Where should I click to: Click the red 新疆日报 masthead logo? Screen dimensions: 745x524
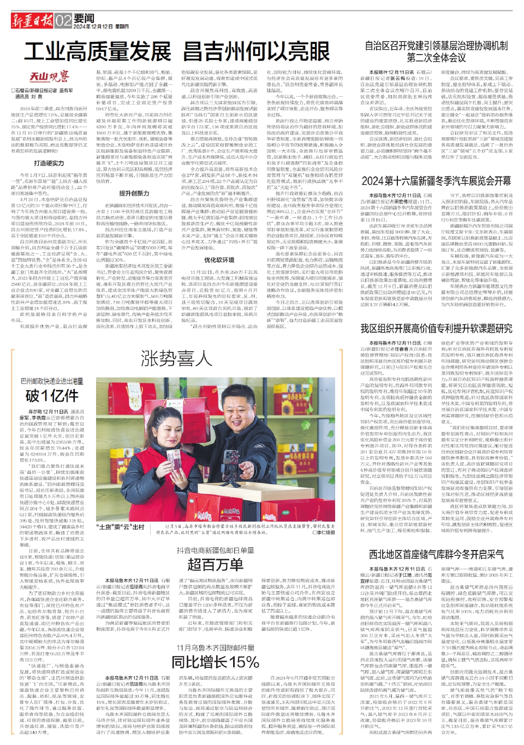(x=32, y=21)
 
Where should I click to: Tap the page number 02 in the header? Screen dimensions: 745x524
(x=63, y=21)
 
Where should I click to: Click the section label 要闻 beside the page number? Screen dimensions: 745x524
(x=84, y=18)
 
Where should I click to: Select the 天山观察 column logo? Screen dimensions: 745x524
(x=49, y=76)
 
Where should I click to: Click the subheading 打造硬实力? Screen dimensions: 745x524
(x=49, y=163)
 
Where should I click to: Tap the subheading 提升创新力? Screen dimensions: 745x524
(x=134, y=193)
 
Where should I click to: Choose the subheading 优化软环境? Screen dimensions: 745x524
(x=219, y=260)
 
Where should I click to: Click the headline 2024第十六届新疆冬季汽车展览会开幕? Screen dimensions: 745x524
(x=436, y=181)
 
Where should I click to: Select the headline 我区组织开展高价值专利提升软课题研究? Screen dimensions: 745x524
(x=436, y=328)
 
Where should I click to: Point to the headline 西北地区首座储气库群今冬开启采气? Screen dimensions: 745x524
(x=436, y=554)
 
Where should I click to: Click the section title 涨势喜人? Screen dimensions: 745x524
(x=176, y=359)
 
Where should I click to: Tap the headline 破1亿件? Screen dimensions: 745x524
(x=52, y=395)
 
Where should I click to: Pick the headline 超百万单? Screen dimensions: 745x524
(x=215, y=564)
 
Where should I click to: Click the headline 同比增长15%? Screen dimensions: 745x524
(x=215, y=661)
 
